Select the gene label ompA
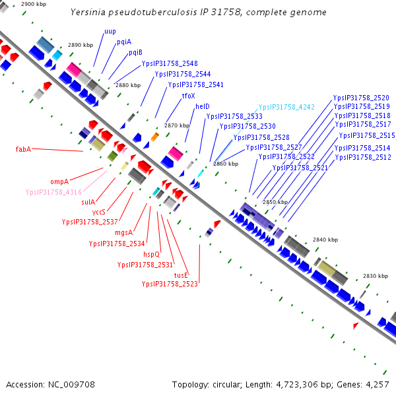tap(59, 181)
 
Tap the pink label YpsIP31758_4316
tap(53, 192)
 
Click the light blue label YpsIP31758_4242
tap(286, 107)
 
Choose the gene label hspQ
tap(152, 254)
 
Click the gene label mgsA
tap(123, 232)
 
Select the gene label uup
tap(110, 32)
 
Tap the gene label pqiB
tap(135, 52)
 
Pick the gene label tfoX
tap(188, 96)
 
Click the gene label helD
tap(202, 106)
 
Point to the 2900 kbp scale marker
tap(34, 4)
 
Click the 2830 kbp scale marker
tap(374, 275)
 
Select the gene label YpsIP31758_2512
tap(362, 158)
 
